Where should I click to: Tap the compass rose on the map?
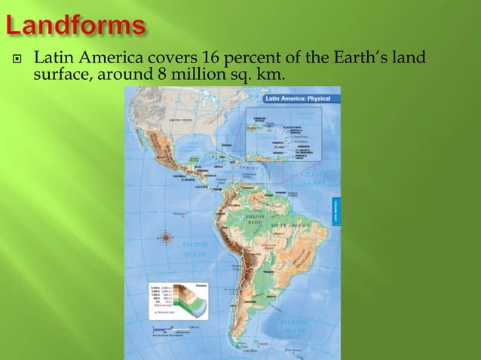click(167, 238)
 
